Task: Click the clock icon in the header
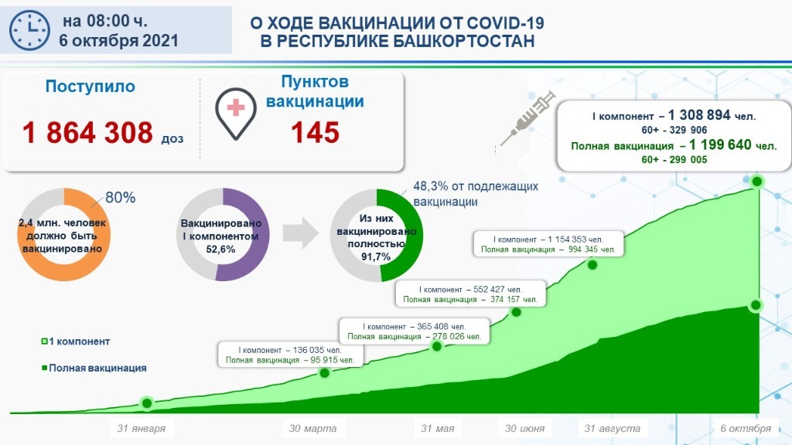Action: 29,30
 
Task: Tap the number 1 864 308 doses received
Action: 87,133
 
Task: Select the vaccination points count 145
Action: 316,133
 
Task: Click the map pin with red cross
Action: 235,113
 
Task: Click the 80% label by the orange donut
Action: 120,197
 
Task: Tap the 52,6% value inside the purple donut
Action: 220,250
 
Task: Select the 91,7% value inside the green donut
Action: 376,256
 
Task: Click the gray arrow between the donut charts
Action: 301,233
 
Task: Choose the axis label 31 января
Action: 142,428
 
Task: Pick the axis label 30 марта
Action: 312,428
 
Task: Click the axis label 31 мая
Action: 438,428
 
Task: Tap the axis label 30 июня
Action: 525,428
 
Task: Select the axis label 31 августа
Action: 613,428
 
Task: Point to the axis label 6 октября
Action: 746,428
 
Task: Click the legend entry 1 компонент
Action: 76,341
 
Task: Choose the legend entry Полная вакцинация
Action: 94,369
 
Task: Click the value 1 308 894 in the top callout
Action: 699,115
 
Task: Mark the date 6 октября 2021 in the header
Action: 118,40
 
